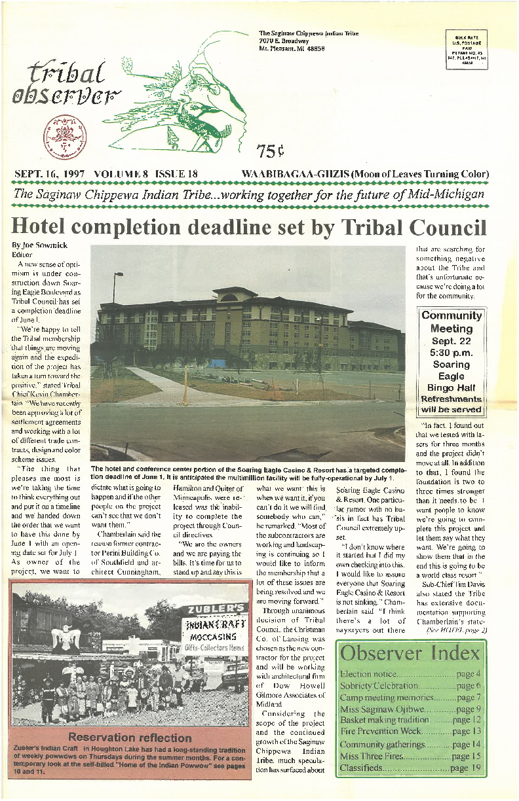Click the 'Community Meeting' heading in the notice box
click(452, 321)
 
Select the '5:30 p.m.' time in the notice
click(452, 353)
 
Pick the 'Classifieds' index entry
click(361, 768)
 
